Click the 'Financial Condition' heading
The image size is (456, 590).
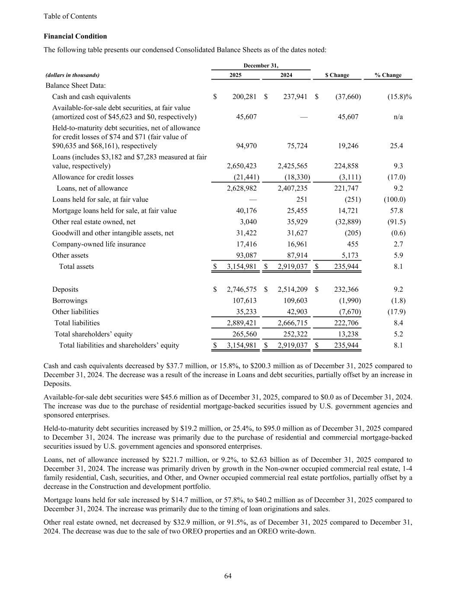pyautogui.click(x=75, y=36)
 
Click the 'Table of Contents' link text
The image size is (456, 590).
pyautogui.click(x=70, y=16)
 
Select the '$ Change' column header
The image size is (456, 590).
pyautogui.click(x=337, y=75)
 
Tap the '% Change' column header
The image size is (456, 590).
pyautogui.click(x=388, y=75)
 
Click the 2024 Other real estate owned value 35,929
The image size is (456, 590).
pyautogui.click(x=294, y=222)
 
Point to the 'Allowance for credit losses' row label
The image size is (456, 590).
pyautogui.click(x=92, y=177)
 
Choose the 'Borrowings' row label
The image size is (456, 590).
pyautogui.click(x=70, y=301)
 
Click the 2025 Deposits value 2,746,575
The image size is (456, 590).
pyautogui.click(x=242, y=290)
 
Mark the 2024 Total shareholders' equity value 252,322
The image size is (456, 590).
pyautogui.click(x=293, y=334)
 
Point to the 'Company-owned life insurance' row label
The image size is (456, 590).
pyautogui.click(x=99, y=244)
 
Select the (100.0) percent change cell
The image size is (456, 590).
pyautogui.click(x=394, y=199)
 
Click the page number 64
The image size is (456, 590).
pyautogui.click(x=228, y=576)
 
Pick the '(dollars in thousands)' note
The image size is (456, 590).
pyautogui.click(x=72, y=75)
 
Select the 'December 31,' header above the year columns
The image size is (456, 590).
pyautogui.click(x=261, y=65)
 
